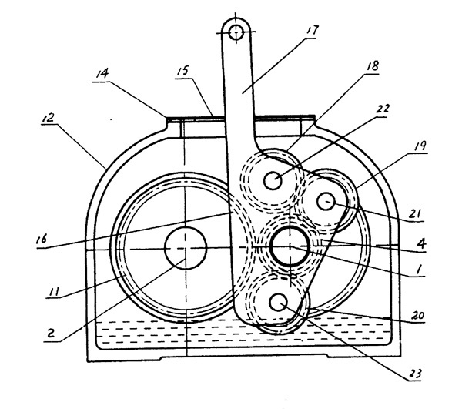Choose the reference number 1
419,270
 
